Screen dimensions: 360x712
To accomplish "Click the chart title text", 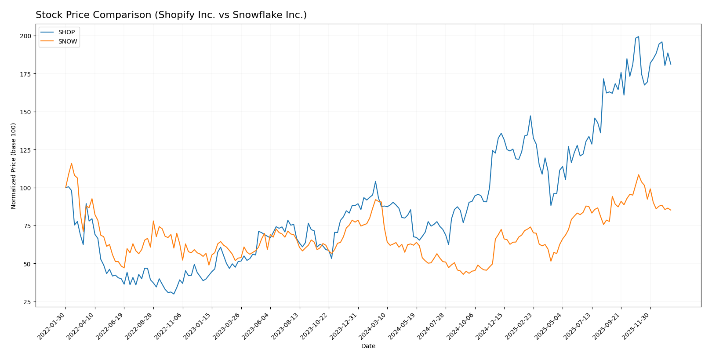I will coord(171,15).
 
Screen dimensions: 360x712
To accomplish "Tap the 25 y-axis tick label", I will coord(27,302).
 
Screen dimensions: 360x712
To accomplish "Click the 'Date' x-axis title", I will coord(368,346).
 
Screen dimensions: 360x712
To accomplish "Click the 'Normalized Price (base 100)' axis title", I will coord(14,166).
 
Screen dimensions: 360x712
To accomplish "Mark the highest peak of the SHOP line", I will coord(639,36).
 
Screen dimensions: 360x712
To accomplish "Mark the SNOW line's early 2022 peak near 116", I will coord(72,164).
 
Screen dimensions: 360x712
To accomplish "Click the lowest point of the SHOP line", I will coord(174,294).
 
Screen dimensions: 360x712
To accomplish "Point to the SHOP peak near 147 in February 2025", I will coord(530,116).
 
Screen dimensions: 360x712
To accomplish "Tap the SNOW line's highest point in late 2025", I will coord(639,175).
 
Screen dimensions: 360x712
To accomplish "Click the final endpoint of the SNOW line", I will coord(671,210).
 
